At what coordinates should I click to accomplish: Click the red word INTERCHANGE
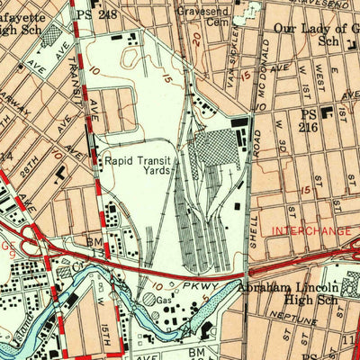(x=311, y=232)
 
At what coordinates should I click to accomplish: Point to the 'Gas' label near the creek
(x=165, y=298)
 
